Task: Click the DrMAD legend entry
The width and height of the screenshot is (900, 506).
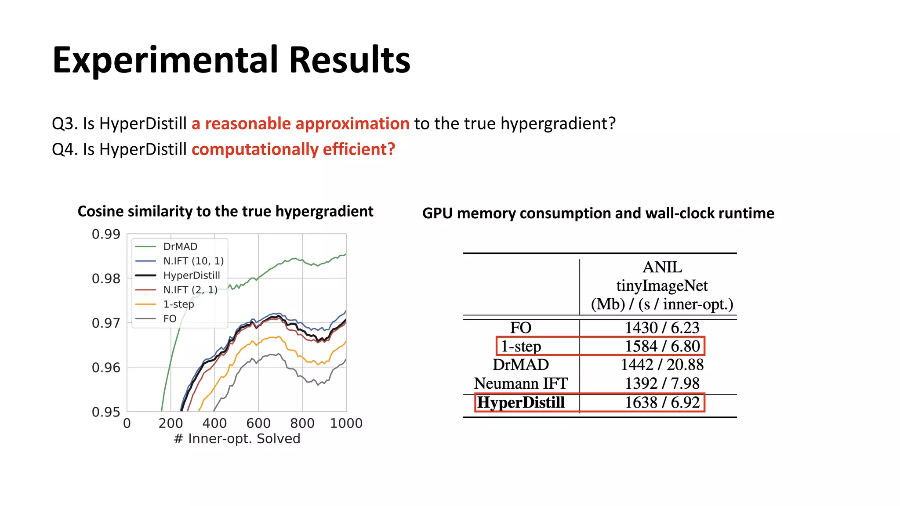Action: (x=180, y=246)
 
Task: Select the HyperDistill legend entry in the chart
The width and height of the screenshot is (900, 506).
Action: (x=191, y=275)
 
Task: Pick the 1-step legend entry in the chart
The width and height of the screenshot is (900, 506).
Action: (x=178, y=304)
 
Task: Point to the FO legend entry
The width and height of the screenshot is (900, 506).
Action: (x=170, y=319)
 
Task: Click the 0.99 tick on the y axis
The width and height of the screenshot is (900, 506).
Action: (x=106, y=234)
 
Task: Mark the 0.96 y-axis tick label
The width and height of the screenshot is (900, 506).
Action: (x=106, y=368)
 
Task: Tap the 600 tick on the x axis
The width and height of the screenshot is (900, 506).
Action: (x=258, y=423)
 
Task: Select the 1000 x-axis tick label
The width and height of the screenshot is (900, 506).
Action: (x=346, y=423)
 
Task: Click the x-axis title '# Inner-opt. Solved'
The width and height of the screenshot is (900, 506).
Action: (x=237, y=439)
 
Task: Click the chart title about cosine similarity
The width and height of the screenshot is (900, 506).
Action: (x=225, y=211)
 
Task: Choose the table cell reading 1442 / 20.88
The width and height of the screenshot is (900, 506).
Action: (x=662, y=365)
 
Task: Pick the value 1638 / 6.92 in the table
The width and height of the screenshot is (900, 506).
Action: (x=662, y=402)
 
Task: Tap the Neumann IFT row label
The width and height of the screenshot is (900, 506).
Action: (x=521, y=383)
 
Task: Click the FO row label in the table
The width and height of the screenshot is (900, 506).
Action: (x=521, y=328)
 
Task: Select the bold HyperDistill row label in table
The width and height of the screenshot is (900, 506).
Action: (x=521, y=402)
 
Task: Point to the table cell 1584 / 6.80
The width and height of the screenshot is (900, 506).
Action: (x=662, y=346)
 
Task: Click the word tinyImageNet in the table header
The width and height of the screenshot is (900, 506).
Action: (x=662, y=286)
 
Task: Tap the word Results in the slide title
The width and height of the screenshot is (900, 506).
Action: (x=350, y=60)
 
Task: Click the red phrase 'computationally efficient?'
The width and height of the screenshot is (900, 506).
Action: (x=293, y=149)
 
